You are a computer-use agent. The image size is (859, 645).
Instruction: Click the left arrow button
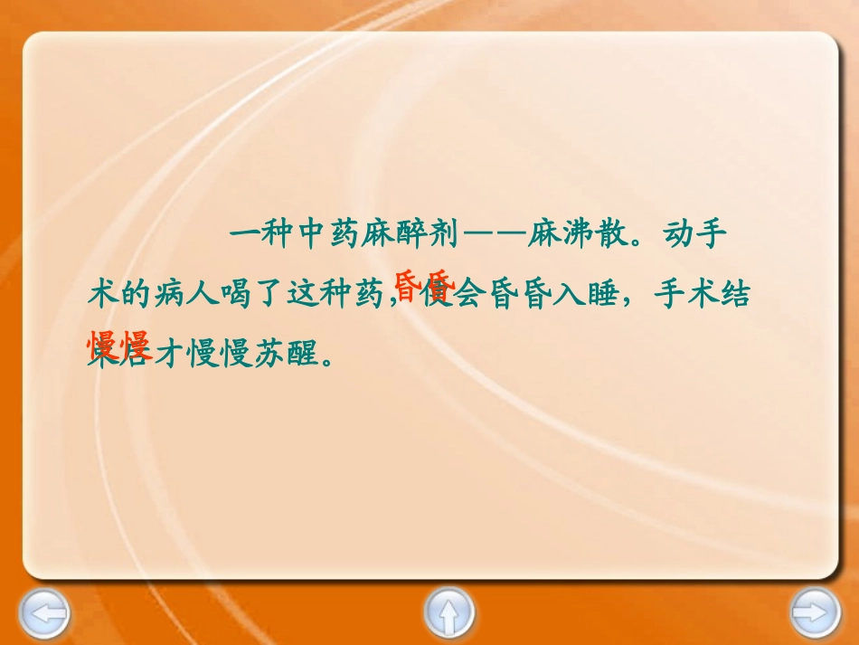43,615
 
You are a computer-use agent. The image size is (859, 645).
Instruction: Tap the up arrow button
448,615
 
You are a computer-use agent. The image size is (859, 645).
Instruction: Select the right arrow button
815,615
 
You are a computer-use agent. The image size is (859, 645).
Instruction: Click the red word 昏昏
423,283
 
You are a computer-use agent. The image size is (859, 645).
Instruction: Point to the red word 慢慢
118,345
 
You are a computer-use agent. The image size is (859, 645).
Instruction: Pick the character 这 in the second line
305,295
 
